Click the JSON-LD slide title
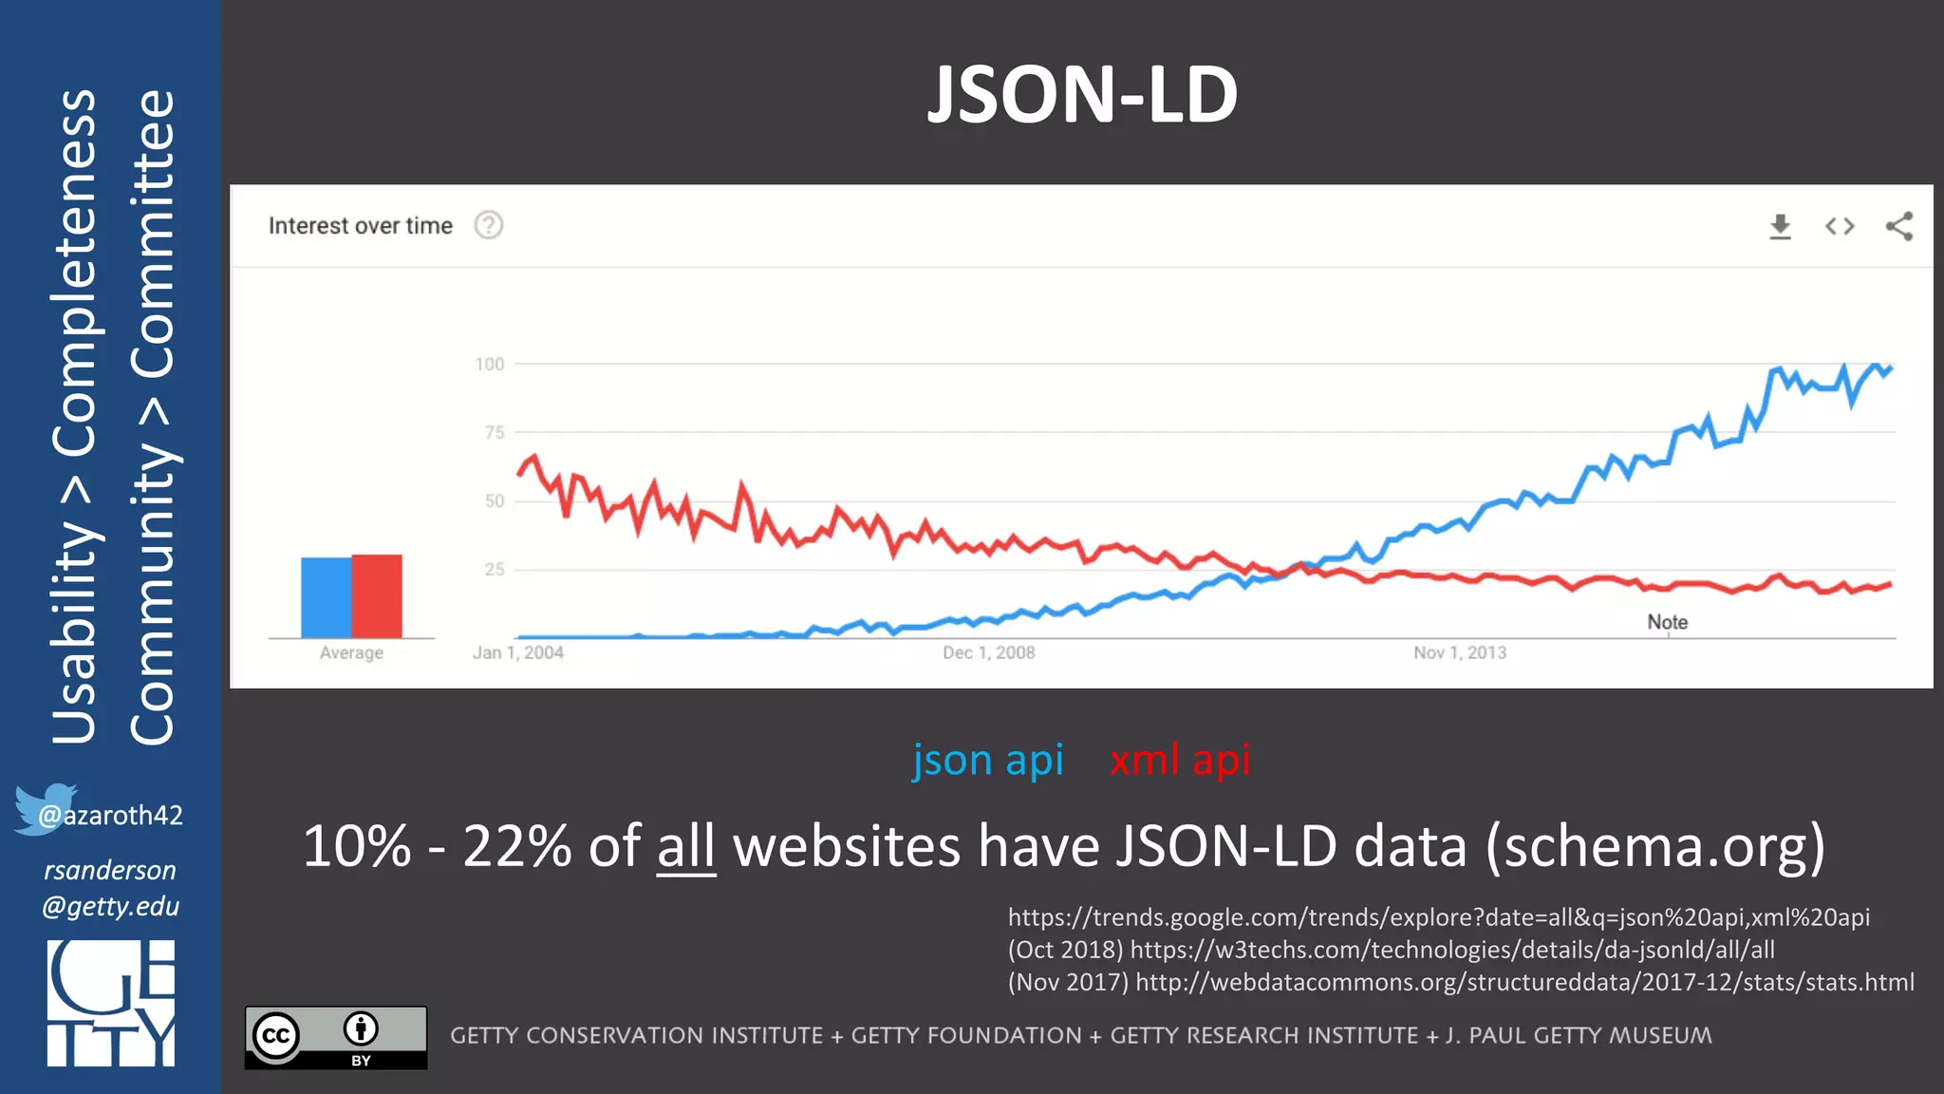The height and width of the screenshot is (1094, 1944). [1082, 95]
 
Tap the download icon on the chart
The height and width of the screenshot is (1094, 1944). [1780, 226]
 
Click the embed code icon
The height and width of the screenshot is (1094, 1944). [1840, 226]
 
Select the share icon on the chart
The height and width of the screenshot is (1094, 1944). [1899, 226]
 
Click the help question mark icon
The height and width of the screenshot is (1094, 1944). [489, 225]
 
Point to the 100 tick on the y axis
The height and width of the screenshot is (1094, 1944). [490, 364]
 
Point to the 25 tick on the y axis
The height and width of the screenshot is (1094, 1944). [495, 570]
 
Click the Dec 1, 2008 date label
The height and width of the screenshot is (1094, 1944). [988, 652]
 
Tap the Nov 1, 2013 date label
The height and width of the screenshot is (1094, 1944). [1459, 652]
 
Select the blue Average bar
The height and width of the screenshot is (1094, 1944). [326, 597]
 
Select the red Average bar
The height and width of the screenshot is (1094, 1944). [377, 595]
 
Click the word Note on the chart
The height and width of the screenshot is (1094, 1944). [1667, 622]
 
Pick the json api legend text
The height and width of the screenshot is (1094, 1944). [987, 760]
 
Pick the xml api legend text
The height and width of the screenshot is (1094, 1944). [1180, 760]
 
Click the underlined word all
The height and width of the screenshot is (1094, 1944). [685, 846]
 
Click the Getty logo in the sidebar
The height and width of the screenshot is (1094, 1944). [111, 1003]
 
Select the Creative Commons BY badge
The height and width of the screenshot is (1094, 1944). [336, 1037]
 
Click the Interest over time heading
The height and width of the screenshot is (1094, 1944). [360, 226]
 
